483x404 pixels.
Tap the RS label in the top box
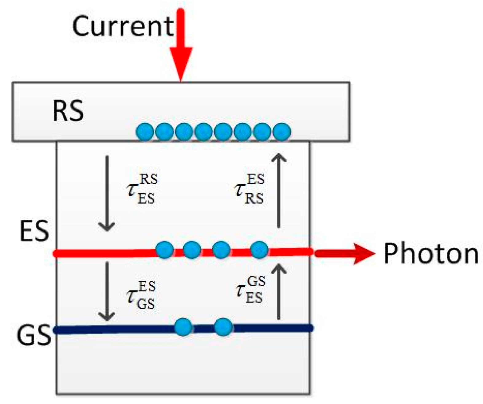[x=68, y=111]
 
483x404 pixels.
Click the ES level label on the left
[x=34, y=231]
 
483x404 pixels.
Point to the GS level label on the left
[x=34, y=336]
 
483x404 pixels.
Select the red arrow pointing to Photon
[x=344, y=253]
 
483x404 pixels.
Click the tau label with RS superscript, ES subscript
[x=142, y=189]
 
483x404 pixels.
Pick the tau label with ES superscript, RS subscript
[x=249, y=189]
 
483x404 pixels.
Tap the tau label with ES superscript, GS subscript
[x=141, y=295]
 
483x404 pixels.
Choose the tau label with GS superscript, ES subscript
[x=250, y=290]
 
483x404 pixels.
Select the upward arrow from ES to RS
[x=279, y=190]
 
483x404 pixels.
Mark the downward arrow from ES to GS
[x=107, y=291]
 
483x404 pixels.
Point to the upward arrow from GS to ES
[x=279, y=291]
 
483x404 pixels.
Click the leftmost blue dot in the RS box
[x=145, y=132]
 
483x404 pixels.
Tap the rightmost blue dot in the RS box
[x=281, y=132]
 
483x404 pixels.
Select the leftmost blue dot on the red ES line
[x=164, y=250]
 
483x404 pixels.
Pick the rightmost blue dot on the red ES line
[x=259, y=250]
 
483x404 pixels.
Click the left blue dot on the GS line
[x=183, y=327]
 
